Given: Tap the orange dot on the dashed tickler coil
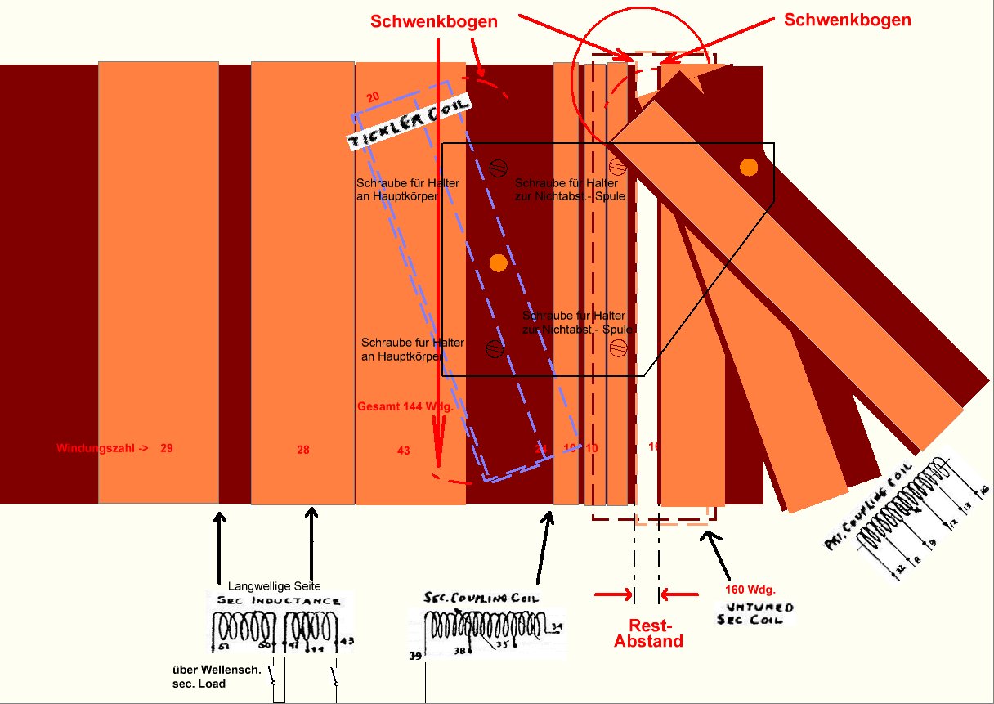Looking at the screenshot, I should click(498, 262).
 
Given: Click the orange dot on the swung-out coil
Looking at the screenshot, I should click(748, 167).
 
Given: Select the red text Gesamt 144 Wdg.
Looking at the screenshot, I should click(405, 406).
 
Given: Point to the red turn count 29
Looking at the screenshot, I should click(167, 448).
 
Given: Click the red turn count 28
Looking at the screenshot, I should click(303, 450).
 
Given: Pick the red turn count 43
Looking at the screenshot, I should click(403, 451).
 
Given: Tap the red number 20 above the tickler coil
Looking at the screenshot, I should click(373, 97).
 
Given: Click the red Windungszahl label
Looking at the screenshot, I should click(101, 448).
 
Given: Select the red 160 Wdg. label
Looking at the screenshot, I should click(750, 589).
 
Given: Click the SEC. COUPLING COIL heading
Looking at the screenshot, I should click(482, 598).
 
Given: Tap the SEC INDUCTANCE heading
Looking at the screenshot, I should click(278, 601).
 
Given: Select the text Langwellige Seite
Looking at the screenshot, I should click(274, 585).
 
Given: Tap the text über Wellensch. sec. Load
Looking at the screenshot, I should click(217, 677).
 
